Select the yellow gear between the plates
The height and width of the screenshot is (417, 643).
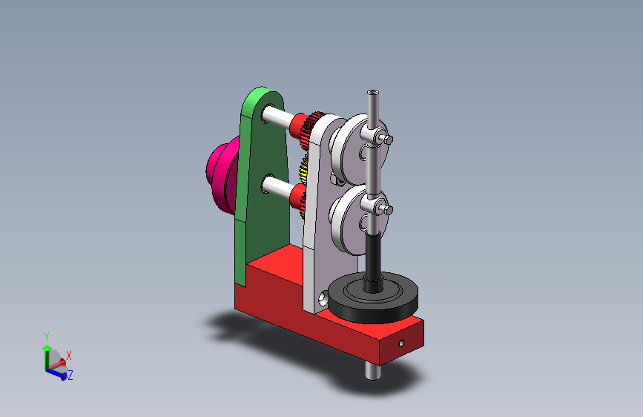303,171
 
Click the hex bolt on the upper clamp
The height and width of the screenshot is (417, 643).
388,139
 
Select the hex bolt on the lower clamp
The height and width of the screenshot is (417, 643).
388,210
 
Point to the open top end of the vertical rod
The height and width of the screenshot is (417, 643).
373,92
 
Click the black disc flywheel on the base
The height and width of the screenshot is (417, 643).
373,298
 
